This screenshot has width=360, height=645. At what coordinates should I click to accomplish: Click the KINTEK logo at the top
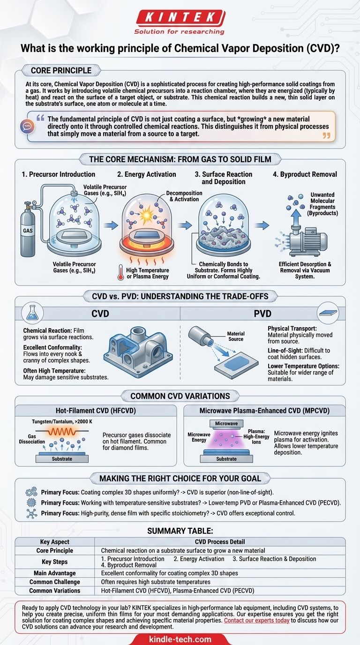point(180,18)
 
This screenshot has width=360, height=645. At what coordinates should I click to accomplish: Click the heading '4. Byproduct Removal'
point(308,174)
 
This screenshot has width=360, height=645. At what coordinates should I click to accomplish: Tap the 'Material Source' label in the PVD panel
point(236,337)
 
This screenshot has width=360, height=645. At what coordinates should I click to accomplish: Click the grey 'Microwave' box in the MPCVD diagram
point(227,424)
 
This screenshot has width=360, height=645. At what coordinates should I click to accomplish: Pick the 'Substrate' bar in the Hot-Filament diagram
point(62,458)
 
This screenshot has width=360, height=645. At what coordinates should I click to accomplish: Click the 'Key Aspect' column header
point(54,542)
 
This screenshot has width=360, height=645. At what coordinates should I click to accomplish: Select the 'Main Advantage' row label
point(54,573)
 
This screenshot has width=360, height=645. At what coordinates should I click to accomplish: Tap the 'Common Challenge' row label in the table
point(54,582)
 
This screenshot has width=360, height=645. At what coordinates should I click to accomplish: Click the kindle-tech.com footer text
point(180,639)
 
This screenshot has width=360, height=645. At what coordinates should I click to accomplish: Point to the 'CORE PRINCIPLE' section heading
point(61,71)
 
